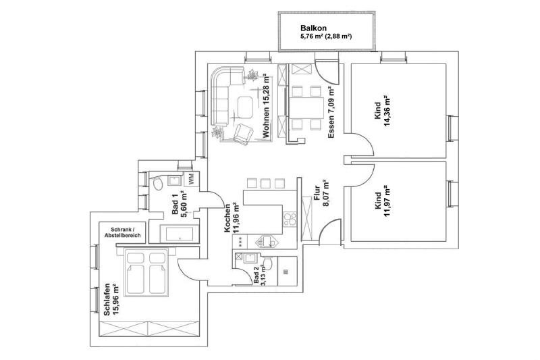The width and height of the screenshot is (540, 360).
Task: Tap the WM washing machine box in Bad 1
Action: [191, 180]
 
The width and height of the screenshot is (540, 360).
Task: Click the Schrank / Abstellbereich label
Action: [122, 232]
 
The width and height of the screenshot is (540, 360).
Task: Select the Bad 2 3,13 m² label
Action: [259, 276]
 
